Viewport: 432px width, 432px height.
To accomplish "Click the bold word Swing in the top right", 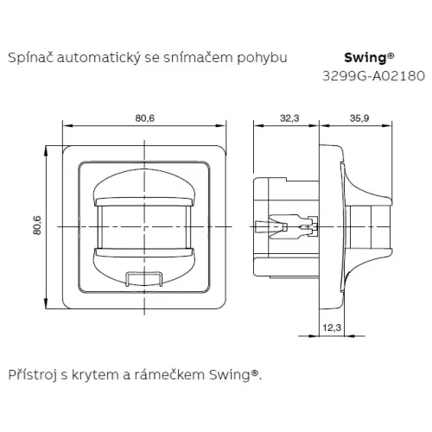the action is pos(365,58).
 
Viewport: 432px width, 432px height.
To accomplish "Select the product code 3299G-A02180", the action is pos(373,76).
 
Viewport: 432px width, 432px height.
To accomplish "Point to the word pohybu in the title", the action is pos(262,58).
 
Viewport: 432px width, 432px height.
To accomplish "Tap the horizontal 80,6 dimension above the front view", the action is pos(145,118).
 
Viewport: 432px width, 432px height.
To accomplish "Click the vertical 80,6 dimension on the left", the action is pos(37,226).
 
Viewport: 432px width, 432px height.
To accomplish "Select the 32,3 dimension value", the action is pos(289,118).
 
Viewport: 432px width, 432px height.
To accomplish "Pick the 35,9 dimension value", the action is pos(359,118).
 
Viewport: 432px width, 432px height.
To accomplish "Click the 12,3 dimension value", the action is pos(332,327).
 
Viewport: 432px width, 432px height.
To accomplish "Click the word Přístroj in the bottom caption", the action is pos(32,375).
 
